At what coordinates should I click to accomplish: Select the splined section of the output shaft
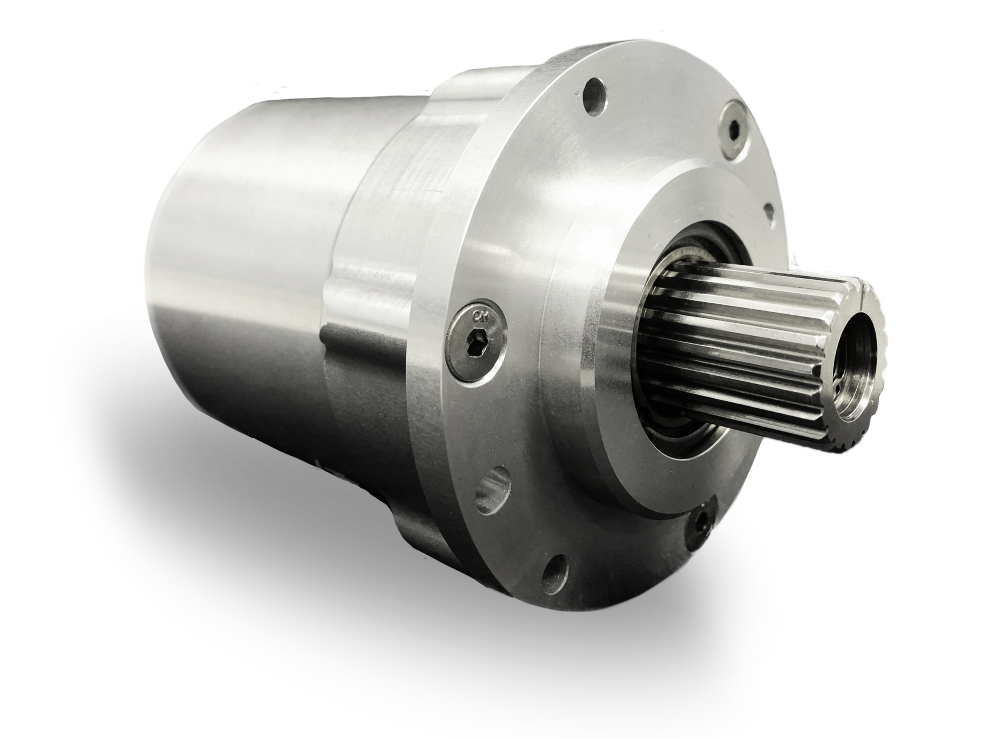[731, 339]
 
